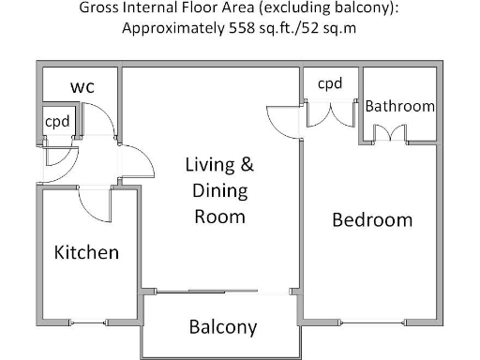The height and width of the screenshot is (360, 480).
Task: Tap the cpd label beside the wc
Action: coord(57,121)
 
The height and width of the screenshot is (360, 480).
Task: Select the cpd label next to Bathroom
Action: coord(330,84)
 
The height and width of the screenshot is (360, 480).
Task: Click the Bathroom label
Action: coord(400,106)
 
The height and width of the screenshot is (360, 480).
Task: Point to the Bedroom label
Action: coord(372,220)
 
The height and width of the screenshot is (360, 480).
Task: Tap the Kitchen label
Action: coord(86,252)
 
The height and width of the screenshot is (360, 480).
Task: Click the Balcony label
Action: coord(223,327)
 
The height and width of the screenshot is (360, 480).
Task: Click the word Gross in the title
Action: coord(101,8)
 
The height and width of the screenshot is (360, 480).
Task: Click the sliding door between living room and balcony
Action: coord(221,291)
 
